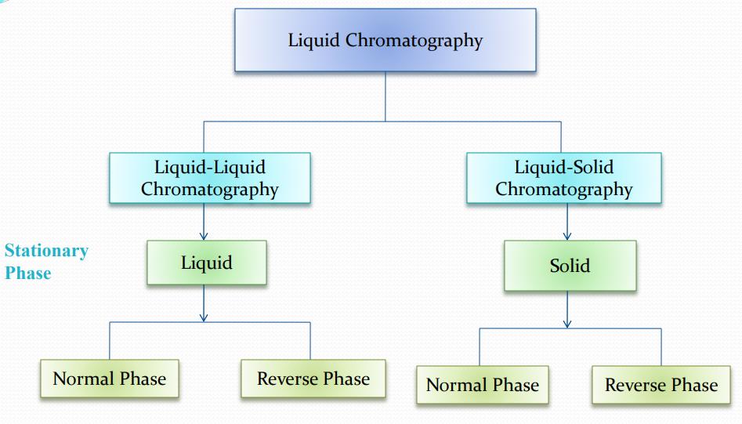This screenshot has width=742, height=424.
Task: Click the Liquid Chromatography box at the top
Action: [385, 41]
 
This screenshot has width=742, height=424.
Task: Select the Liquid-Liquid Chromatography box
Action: [209, 178]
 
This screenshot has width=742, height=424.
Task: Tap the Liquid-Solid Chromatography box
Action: [563, 178]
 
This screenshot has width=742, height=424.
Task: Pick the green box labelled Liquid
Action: [207, 263]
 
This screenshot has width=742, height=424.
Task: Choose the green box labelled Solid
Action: [570, 266]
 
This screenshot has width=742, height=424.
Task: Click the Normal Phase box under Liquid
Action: [110, 379]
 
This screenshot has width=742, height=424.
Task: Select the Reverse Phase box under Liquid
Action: [313, 379]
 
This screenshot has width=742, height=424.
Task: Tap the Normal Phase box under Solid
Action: [483, 385]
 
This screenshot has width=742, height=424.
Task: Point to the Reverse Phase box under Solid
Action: [661, 385]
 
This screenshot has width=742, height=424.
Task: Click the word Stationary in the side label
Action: [46, 251]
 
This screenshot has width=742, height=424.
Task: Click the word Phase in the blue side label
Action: [28, 273]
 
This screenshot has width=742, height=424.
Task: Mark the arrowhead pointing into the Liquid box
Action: [204, 235]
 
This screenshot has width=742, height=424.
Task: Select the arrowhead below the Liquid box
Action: [204, 317]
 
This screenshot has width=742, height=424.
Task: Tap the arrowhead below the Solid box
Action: [567, 323]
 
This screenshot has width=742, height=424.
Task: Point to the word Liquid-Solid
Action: [563, 167]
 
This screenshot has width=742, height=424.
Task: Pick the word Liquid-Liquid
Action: [209, 167]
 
